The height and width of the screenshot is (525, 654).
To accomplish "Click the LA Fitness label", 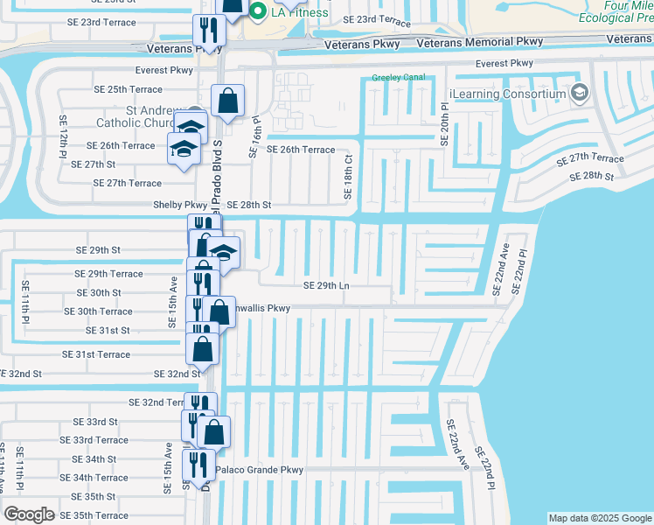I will (x=299, y=12).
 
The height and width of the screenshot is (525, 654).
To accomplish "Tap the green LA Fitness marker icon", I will (x=258, y=11).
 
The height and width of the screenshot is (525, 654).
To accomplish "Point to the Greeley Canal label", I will (x=398, y=77).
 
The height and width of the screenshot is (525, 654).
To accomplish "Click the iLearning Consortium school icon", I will (x=578, y=93).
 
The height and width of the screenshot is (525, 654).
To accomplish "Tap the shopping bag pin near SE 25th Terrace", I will (x=227, y=101).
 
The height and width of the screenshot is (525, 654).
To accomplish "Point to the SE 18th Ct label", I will (x=349, y=176).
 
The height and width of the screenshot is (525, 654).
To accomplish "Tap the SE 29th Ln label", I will (x=326, y=286).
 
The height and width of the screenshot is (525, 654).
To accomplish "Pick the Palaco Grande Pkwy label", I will (x=259, y=470).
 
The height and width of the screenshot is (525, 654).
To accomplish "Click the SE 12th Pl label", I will (x=63, y=136).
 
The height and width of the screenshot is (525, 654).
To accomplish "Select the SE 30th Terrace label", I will (x=98, y=311).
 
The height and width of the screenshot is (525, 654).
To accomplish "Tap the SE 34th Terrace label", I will (x=100, y=478).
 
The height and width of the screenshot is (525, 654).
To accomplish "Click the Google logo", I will (x=30, y=514).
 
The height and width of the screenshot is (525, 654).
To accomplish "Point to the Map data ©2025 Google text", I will (x=599, y=518).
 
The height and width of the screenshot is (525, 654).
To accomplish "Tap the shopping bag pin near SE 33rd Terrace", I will (x=213, y=431).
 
